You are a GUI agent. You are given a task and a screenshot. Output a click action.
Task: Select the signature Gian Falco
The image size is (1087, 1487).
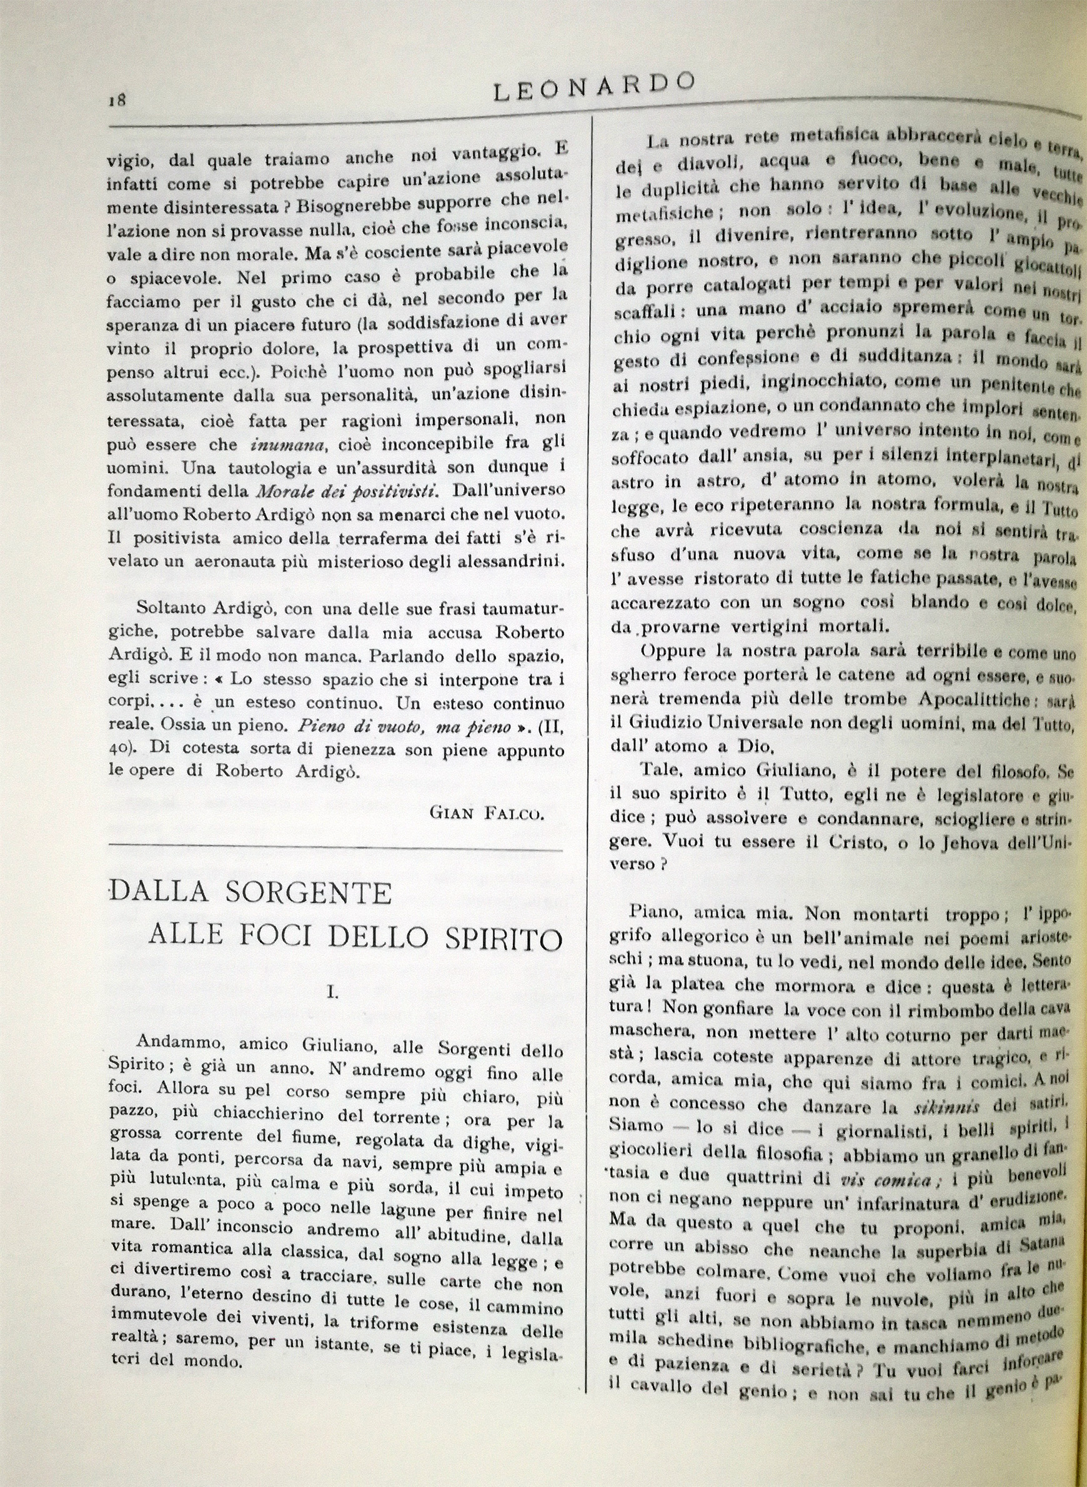click(486, 813)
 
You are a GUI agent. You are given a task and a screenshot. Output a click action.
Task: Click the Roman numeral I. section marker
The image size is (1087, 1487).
click(333, 993)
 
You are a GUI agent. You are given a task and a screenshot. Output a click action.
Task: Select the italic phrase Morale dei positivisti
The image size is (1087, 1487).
click(347, 492)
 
